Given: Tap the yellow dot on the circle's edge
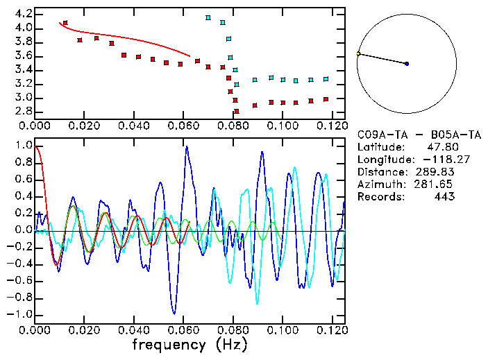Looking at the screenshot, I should [358, 53].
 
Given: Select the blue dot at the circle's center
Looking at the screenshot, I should [407, 64].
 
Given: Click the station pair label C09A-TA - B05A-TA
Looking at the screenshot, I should [414, 135].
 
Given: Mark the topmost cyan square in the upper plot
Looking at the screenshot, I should [208, 17].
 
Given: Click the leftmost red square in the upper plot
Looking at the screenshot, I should [65, 23].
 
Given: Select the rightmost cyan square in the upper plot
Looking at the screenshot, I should [326, 79].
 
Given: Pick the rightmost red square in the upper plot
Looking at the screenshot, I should [326, 99].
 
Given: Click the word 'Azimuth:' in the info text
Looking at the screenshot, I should [379, 185].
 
